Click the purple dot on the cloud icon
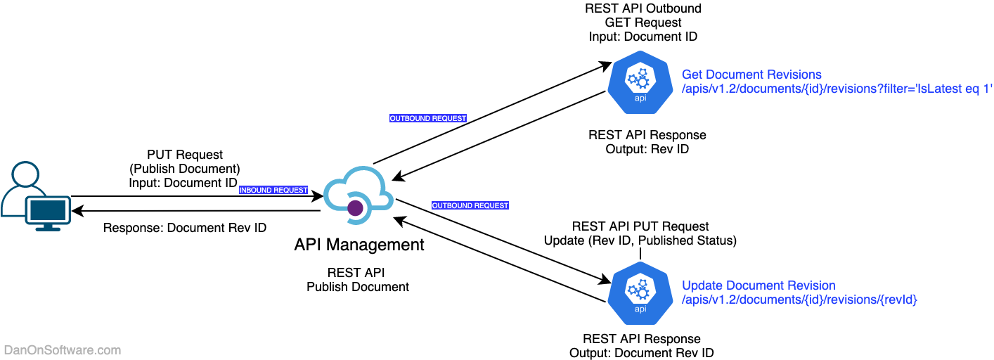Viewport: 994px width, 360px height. (x=356, y=207)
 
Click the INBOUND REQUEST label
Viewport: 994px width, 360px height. (x=273, y=190)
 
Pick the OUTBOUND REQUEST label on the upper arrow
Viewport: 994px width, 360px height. (x=428, y=118)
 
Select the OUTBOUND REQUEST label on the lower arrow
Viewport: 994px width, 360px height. (x=470, y=205)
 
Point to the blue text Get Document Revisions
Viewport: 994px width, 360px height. (x=751, y=75)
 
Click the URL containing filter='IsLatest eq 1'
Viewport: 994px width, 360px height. (x=837, y=89)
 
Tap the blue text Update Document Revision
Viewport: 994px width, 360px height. (x=759, y=285)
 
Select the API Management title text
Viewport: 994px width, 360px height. (x=359, y=245)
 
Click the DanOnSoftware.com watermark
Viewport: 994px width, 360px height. (x=63, y=350)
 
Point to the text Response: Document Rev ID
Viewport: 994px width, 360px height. (x=185, y=228)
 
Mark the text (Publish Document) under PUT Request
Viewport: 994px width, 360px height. (x=185, y=169)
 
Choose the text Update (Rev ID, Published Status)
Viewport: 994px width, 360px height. (x=640, y=240)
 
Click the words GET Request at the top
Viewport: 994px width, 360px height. (x=643, y=22)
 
